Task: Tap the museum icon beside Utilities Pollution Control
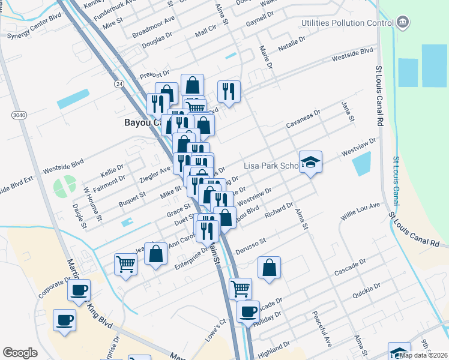click(x=403, y=23)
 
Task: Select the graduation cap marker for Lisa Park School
click(x=310, y=162)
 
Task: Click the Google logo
click(x=20, y=353)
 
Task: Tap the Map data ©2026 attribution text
click(x=423, y=355)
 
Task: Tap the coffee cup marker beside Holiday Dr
click(x=248, y=312)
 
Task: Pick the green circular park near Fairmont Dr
click(x=64, y=187)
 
